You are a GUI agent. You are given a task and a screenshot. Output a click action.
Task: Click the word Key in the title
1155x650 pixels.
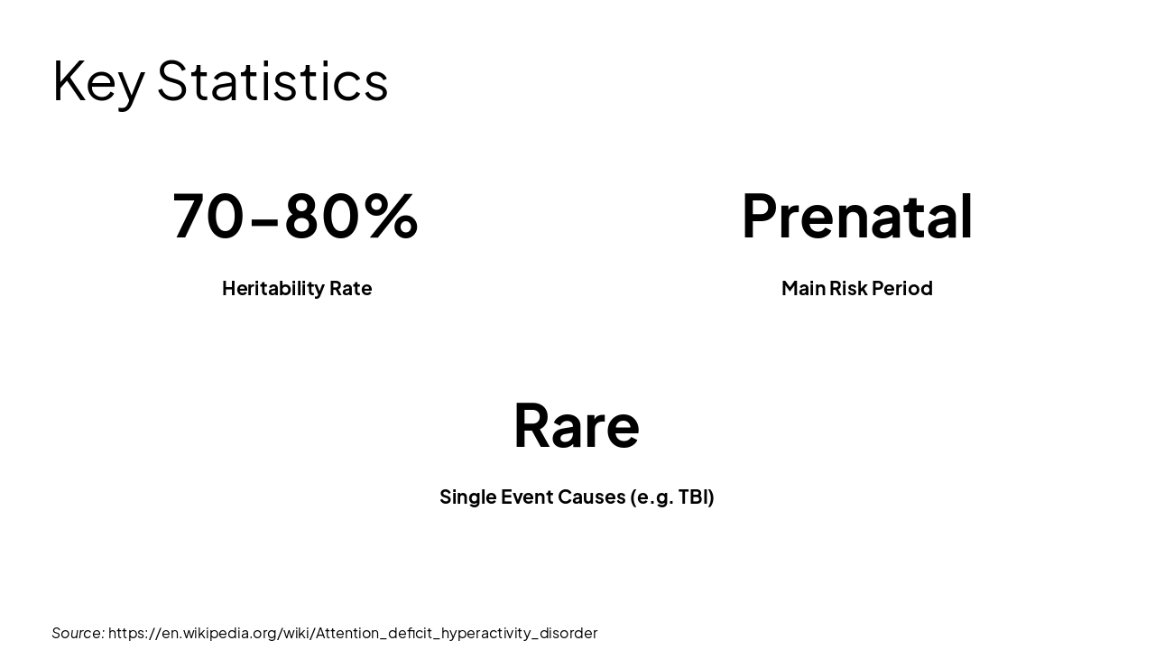(x=97, y=81)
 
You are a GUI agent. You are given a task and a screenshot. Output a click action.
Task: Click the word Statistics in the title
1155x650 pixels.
(x=273, y=81)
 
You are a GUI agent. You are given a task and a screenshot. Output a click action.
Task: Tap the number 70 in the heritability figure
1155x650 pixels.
(x=208, y=216)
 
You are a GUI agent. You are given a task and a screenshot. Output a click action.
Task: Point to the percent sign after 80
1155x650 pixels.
(x=392, y=216)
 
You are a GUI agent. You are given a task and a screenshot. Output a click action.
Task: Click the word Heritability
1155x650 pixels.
(x=273, y=288)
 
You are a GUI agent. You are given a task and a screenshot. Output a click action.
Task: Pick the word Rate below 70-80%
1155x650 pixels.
(x=350, y=288)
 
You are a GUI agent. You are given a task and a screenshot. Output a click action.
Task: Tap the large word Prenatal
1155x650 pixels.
(x=856, y=216)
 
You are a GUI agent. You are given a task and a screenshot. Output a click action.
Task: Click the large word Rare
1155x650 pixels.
(x=576, y=424)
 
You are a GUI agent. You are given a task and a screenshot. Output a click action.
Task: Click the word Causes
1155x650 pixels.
(x=591, y=497)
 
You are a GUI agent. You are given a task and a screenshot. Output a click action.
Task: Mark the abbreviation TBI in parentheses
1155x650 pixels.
(x=696, y=497)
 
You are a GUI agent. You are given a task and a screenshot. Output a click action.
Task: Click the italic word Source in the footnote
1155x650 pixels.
(x=78, y=633)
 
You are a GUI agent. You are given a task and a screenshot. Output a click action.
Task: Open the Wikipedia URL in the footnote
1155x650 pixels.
(x=353, y=633)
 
